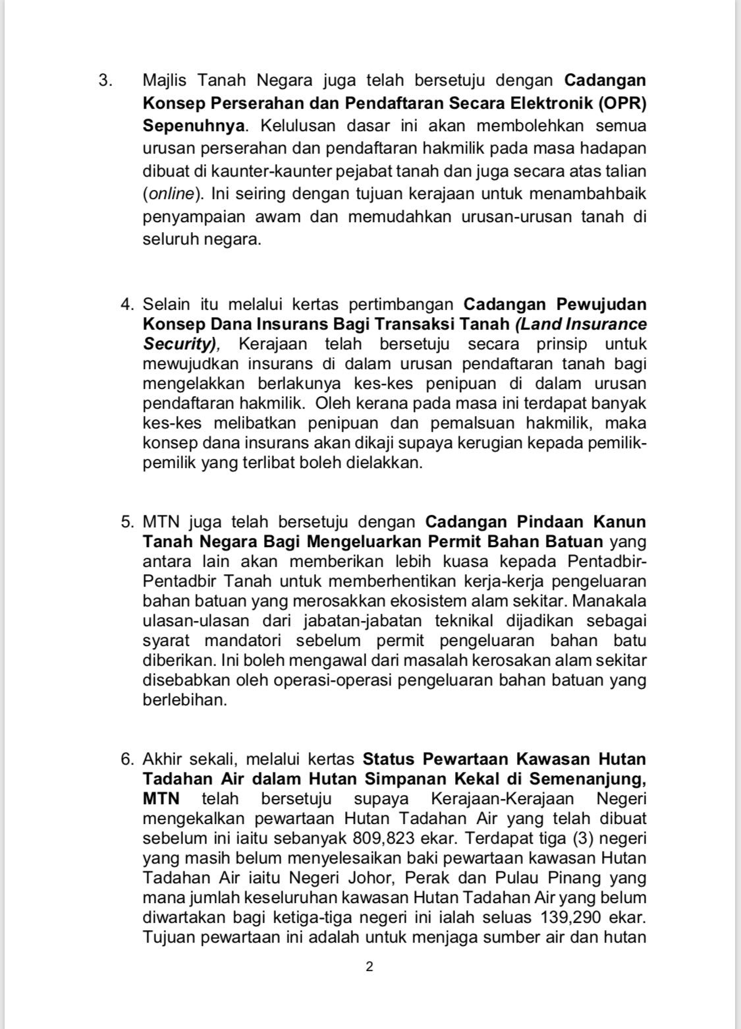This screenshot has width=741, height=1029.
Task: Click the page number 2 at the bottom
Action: (370, 967)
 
